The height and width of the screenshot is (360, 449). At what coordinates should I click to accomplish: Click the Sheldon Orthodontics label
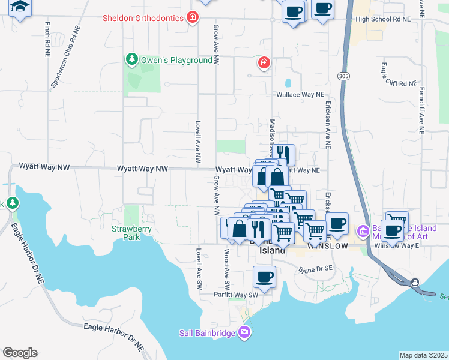click(143, 18)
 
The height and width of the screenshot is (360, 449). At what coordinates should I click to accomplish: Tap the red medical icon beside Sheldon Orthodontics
click(192, 17)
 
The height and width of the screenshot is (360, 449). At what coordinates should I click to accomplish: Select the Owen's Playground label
click(176, 60)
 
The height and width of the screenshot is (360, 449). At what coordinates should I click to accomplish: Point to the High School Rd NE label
click(383, 19)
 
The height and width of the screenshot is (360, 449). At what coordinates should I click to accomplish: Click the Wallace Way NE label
click(300, 95)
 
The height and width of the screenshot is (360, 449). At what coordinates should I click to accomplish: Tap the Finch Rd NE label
click(47, 40)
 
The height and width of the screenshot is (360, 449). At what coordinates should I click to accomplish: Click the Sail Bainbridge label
click(209, 333)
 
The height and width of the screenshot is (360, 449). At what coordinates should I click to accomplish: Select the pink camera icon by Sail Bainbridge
click(244, 332)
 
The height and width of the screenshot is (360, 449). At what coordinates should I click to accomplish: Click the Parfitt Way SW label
click(236, 295)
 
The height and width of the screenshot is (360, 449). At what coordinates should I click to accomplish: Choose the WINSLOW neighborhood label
click(327, 246)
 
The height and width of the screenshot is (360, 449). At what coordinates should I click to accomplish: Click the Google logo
click(20, 353)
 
